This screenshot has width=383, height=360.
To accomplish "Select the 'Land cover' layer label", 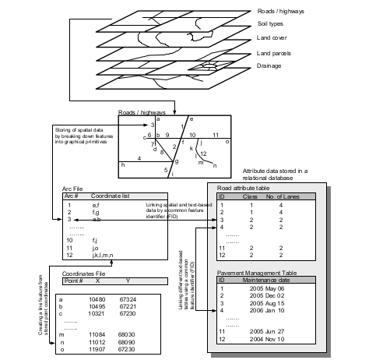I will pyautogui.click(x=273, y=38).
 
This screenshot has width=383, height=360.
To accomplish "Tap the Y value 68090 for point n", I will pyautogui.click(x=127, y=341).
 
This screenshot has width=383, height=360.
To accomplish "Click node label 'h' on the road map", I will pyautogui.click(x=121, y=164).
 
